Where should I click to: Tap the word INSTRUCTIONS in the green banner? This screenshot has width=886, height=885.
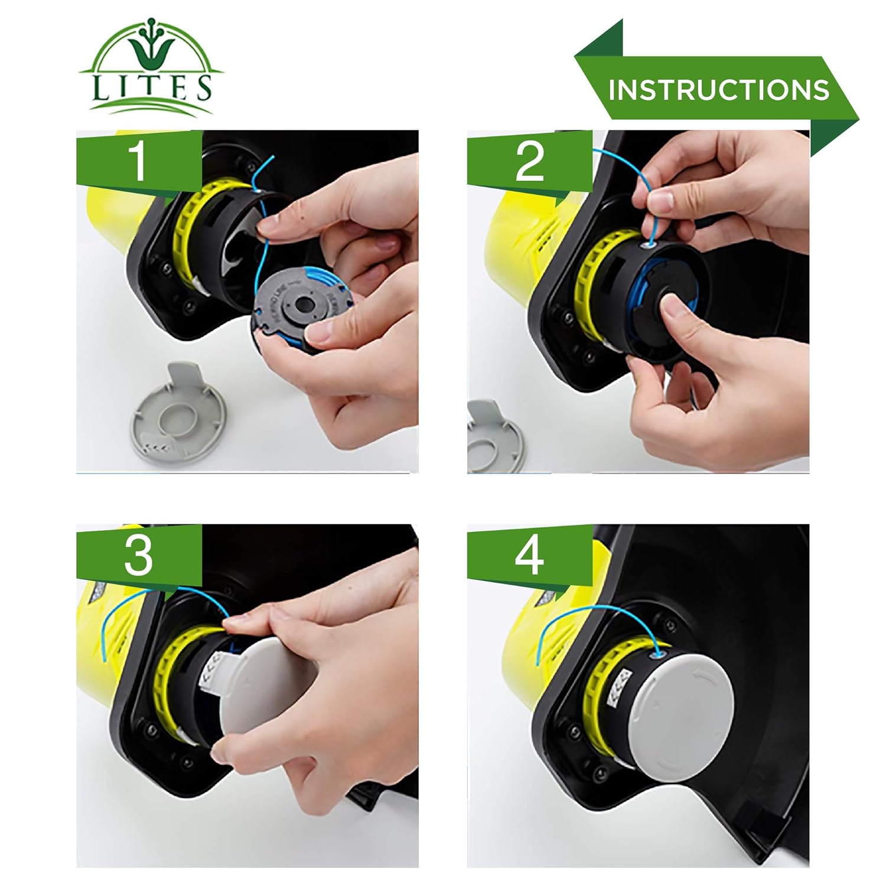point(718,89)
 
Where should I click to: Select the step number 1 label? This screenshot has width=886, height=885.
point(138,160)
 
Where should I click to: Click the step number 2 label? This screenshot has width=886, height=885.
point(529,161)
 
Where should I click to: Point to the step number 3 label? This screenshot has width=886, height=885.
point(138,555)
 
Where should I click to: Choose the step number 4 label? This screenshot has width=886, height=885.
point(529,555)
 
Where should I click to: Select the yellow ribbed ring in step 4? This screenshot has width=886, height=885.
point(597,697)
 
